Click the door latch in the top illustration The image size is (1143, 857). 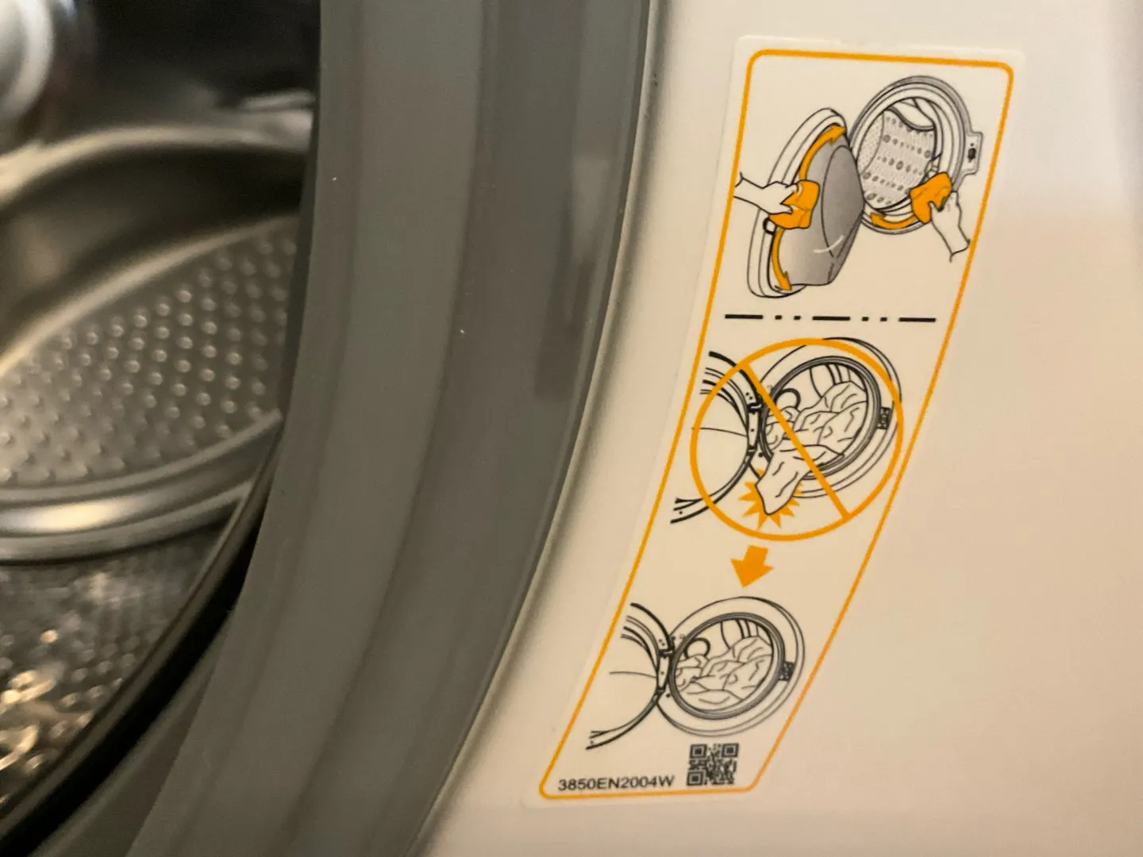click(x=972, y=152)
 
